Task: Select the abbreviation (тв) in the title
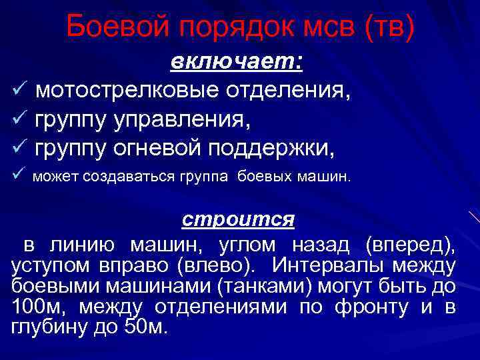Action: pos(390,28)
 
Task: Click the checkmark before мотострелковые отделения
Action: pos(18,90)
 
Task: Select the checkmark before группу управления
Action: pos(18,121)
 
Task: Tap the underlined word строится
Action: pos(239,219)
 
